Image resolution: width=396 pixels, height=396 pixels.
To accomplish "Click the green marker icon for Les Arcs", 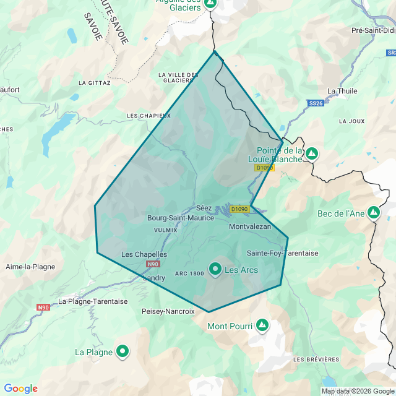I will point(215,269).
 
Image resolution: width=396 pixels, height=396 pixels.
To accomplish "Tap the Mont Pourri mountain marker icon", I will point(262,324).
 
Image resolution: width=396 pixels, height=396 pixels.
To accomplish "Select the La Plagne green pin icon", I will point(123,351).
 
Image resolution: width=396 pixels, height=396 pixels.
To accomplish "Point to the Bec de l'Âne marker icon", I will point(373,213).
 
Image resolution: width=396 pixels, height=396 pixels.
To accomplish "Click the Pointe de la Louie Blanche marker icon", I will point(312,153).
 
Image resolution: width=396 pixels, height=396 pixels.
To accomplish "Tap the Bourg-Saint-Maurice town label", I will point(180,218).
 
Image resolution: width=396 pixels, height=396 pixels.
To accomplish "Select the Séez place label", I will point(204,208).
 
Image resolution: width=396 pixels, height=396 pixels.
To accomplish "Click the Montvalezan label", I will point(250,227).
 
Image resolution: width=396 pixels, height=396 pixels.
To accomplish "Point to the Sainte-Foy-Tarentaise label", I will point(282,253).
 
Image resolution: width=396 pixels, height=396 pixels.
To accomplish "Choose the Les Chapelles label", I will point(144,254).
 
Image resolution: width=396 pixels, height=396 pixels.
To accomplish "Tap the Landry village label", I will point(154,278).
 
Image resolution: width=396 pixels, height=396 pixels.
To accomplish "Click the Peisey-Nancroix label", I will point(168,311).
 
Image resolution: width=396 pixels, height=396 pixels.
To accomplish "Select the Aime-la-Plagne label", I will point(30,267).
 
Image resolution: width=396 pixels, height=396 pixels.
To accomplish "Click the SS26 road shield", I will point(316,103).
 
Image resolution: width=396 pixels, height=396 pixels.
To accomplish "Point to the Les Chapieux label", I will point(148,116).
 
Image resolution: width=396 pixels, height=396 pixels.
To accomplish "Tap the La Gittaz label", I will point(95,82).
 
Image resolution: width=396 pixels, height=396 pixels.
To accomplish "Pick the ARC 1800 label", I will point(189,273).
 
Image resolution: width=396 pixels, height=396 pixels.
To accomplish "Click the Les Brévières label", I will point(316,359).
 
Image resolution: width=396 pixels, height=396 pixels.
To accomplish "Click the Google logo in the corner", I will point(21,389).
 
